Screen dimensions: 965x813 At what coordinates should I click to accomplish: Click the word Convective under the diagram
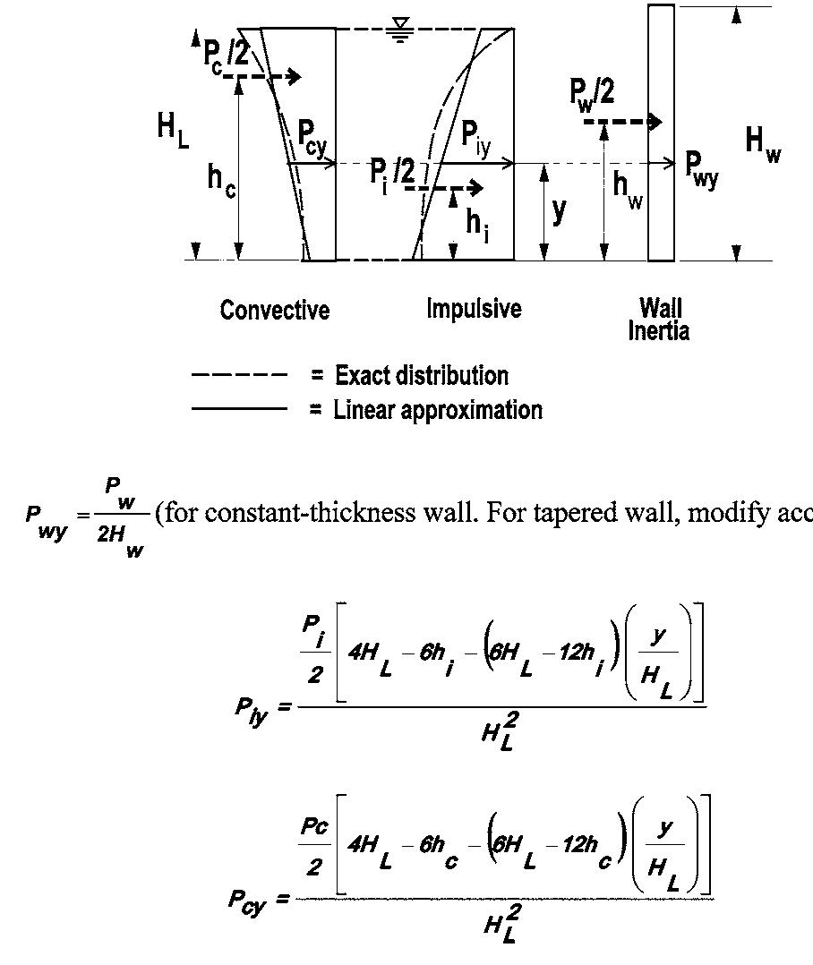274,311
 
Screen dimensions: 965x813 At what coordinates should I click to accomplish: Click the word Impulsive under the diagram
474,309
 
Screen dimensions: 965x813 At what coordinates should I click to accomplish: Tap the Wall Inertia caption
659,320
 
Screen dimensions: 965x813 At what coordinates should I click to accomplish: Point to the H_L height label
173,126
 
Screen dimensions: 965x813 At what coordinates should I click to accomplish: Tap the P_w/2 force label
592,90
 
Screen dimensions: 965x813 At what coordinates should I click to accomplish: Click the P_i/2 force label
392,171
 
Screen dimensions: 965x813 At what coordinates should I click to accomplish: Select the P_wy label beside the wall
701,167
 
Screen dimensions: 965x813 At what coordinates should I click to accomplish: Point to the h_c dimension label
221,179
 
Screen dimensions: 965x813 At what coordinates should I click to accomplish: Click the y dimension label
559,211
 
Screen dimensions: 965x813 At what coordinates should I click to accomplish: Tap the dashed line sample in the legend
239,375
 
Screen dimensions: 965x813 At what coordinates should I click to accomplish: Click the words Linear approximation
438,410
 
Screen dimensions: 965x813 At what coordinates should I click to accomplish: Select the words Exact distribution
421,375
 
